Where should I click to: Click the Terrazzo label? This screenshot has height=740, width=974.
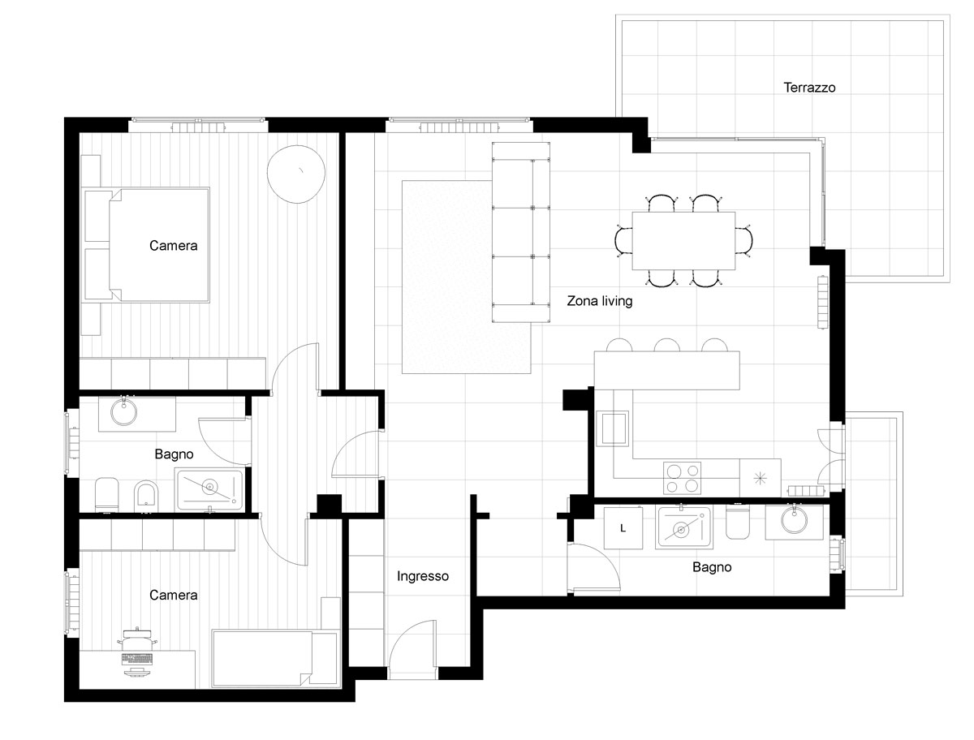point(808,88)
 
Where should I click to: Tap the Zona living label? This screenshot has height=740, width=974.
point(599,301)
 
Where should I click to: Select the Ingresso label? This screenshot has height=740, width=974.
point(422,576)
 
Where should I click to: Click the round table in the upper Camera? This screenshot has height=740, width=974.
point(295,174)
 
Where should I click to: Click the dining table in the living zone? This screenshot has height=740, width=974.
point(683,241)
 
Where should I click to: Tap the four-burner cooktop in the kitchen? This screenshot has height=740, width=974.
point(682,478)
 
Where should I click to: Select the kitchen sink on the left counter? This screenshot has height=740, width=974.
point(612,428)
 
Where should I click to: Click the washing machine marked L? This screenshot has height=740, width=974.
point(623,528)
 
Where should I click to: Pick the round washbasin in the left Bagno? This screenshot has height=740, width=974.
point(124,412)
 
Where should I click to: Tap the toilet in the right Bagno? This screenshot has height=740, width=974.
point(737,523)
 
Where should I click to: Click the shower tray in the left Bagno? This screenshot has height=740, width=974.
point(210,489)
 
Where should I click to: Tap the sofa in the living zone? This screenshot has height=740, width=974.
point(520,232)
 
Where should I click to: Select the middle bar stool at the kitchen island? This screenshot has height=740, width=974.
point(666,345)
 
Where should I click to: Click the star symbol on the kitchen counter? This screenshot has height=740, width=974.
point(760,478)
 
